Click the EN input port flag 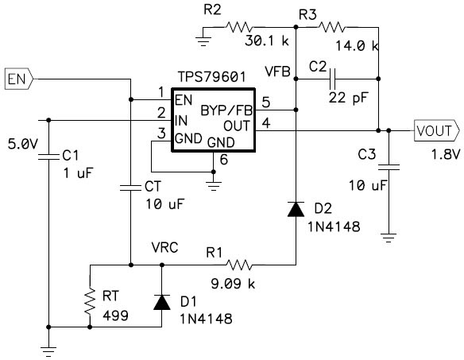coord(19,79)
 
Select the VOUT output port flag coord(437,130)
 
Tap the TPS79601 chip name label coord(211,76)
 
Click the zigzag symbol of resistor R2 coord(239,27)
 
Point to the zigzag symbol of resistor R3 coord(331,27)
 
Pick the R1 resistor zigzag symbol coord(239,265)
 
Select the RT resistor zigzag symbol coord(90,301)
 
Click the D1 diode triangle coord(162,302)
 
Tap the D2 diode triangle coord(296,209)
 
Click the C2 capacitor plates coord(332,79)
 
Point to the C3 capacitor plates coord(389,167)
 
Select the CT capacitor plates coord(130,187)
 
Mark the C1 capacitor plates coord(48,157)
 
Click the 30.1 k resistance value coord(267,41)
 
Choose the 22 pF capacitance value coord(348,98)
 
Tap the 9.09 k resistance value coord(233,284)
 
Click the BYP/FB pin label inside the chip coord(226,110)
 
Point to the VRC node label coord(164,247)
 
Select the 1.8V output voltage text coord(446,154)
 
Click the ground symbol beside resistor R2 coord(203,41)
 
